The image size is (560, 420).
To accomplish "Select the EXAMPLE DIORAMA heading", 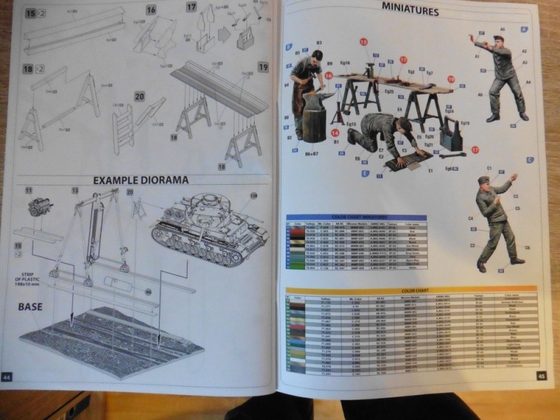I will coord(141,180).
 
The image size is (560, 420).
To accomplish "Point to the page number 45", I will coord(541,376).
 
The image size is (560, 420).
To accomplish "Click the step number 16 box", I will coord(151,10).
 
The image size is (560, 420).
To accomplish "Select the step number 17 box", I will coord(191,7).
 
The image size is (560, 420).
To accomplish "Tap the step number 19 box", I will coord(263,67).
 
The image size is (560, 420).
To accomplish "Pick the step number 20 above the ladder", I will coord(139,97).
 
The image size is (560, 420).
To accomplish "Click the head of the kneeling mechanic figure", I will coord(404,125).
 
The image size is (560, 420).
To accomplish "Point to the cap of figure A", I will coord(498,38).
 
